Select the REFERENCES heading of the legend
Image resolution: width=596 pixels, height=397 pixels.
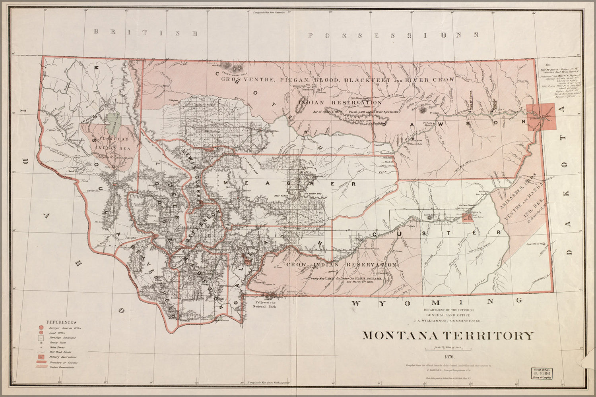[61, 322]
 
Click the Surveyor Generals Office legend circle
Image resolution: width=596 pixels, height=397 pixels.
[41, 328]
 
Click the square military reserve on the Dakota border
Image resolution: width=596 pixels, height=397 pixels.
[541, 117]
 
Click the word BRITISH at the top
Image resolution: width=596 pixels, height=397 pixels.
[145, 33]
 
